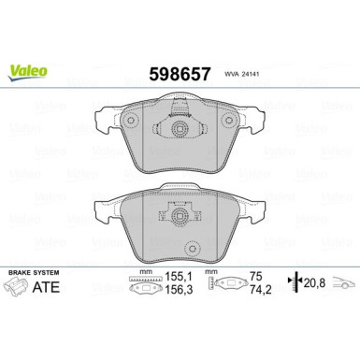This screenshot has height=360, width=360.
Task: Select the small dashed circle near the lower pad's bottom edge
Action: click(x=194, y=249)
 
